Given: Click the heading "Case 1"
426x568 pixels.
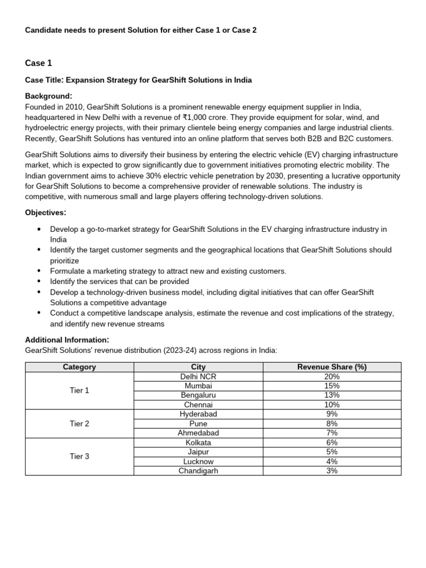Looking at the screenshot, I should [39, 63].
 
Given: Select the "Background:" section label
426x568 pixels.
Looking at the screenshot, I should [49, 96].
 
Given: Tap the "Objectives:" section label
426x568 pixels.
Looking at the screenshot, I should [46, 212].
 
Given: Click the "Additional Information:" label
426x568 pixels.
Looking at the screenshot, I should [67, 339].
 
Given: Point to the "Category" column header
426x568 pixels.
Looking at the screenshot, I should [79, 367].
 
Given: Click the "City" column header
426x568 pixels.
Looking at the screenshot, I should [198, 367].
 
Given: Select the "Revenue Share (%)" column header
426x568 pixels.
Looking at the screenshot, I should [332, 367].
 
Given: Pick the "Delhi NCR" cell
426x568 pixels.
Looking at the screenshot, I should [198, 376].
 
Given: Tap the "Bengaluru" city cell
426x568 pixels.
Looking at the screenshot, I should [198, 395].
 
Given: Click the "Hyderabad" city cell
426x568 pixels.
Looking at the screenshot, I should [198, 414].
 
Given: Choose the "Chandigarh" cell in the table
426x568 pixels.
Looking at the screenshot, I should [198, 470].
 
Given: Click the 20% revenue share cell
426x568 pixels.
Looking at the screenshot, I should [332, 376].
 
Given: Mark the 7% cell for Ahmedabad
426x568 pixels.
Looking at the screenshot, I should [332, 433].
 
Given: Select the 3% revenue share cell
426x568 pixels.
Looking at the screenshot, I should [332, 470].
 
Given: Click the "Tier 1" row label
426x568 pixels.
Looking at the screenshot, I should [79, 390].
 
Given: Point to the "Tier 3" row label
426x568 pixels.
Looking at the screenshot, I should [79, 457].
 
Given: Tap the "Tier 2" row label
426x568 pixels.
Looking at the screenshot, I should [79, 423].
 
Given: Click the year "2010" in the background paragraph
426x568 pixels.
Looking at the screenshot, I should [69, 106].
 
